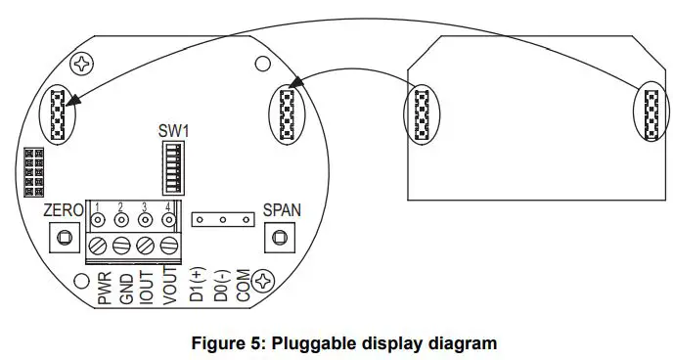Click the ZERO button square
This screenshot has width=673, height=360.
(65, 238)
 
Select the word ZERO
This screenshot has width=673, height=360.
(64, 210)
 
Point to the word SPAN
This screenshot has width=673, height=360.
(282, 210)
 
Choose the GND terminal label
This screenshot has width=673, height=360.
(126, 287)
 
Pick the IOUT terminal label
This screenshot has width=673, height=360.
(146, 287)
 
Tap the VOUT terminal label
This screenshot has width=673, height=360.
(168, 287)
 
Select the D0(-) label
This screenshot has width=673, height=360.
(218, 284)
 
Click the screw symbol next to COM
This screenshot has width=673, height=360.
(262, 283)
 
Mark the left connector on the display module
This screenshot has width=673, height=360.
(423, 114)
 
